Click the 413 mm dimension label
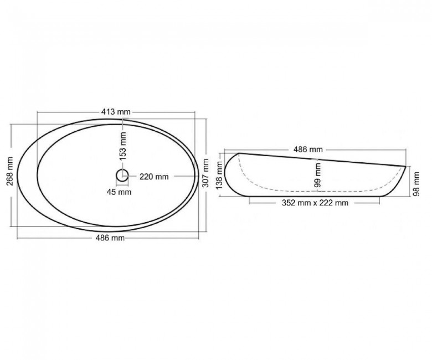tap(116, 112)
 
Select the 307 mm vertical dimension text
tap(205, 173)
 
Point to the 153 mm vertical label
tap(123, 146)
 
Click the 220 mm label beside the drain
tap(154, 177)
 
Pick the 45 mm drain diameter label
tap(119, 192)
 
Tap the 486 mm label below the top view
tap(110, 238)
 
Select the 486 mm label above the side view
tap(308, 150)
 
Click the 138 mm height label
tap(219, 176)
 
